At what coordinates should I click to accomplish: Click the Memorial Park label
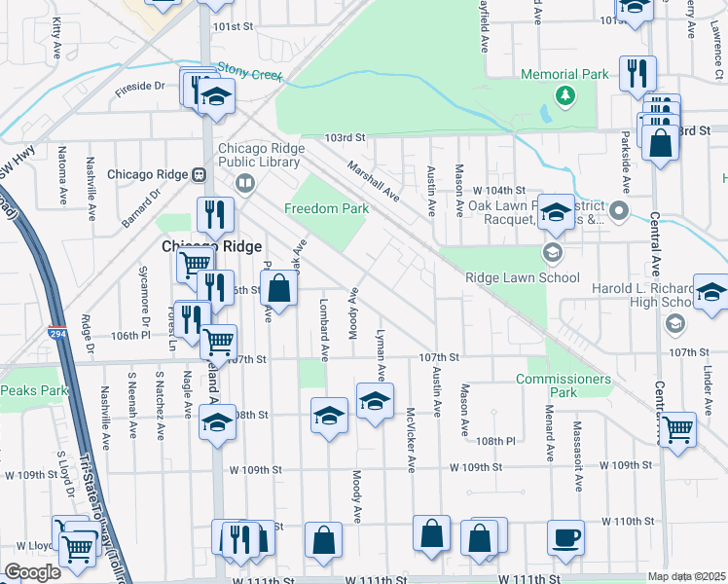(x=564, y=74)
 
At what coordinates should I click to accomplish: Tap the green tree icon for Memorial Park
(x=564, y=94)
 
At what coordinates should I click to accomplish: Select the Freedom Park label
(x=326, y=208)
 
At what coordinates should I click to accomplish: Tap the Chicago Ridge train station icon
(x=198, y=175)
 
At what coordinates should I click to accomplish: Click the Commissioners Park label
(x=564, y=385)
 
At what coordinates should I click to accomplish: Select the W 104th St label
(x=499, y=190)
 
